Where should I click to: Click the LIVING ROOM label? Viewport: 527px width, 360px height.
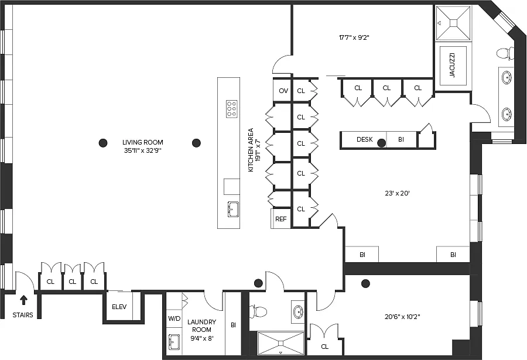click(142, 142)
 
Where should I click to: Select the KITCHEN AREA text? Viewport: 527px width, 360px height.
click(251, 150)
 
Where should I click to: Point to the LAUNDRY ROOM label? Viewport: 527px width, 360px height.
click(201, 325)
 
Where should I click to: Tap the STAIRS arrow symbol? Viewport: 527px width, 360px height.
click(23, 300)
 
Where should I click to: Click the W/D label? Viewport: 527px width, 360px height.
click(174, 319)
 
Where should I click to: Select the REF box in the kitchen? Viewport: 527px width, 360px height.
click(281, 219)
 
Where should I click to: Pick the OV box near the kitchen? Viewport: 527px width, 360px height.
click(283, 91)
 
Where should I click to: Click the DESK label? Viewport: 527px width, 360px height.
click(365, 139)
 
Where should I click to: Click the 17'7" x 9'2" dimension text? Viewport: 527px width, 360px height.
click(354, 38)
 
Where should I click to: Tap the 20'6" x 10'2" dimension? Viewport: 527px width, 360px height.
click(402, 317)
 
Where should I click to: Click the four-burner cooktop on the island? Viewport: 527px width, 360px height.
click(231, 108)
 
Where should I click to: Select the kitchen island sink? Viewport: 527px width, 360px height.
click(232, 209)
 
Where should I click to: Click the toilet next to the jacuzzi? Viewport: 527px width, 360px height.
click(505, 54)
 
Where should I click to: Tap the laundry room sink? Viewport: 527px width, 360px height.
click(174, 341)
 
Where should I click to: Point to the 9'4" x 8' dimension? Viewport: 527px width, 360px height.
click(201, 338)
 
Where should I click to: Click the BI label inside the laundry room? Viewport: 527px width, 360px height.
click(233, 325)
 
